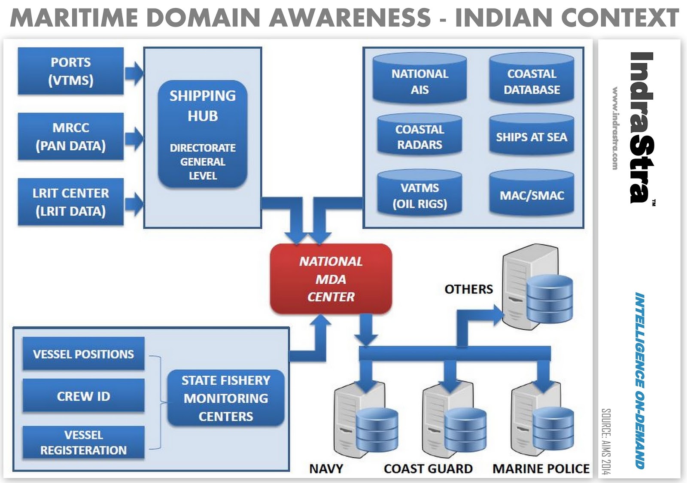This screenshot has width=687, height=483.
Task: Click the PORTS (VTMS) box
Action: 71,71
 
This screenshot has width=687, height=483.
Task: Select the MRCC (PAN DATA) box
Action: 71,137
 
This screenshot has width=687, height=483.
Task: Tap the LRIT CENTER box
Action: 71,202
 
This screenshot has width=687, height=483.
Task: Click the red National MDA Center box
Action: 331,279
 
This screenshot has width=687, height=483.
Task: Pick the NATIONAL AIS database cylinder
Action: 419,79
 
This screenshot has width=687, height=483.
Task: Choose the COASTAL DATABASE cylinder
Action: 532,79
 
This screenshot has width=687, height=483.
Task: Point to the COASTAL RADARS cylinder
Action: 419,135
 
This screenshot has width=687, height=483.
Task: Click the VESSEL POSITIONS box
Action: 83,354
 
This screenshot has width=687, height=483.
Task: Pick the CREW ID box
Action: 83,396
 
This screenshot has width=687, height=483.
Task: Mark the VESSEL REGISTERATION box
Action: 83,443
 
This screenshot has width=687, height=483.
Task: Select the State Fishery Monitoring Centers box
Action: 226,398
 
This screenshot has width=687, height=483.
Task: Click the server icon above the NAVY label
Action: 365,421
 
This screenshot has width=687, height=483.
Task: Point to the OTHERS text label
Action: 468,289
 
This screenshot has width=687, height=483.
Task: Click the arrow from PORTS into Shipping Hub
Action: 134,73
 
